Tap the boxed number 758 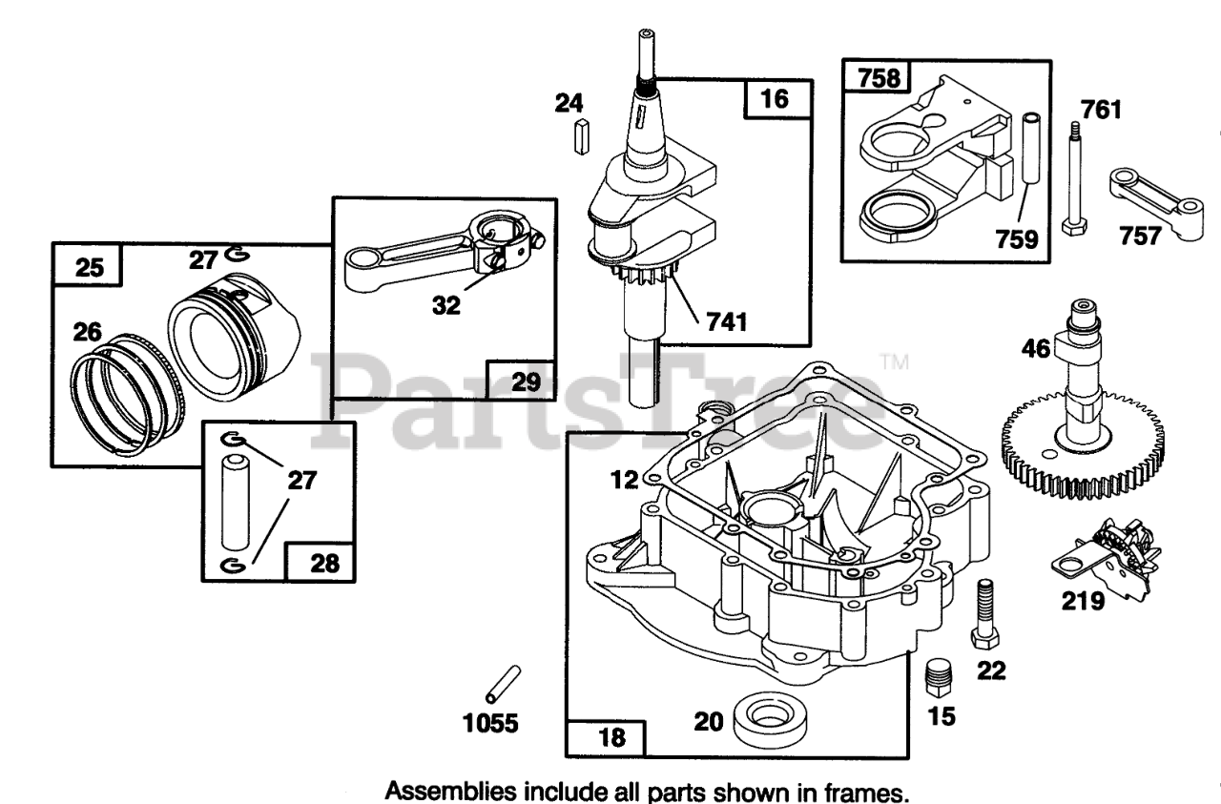879,78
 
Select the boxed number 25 89,267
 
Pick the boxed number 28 324,563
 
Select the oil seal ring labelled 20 766,717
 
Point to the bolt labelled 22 983,615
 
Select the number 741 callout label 726,322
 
